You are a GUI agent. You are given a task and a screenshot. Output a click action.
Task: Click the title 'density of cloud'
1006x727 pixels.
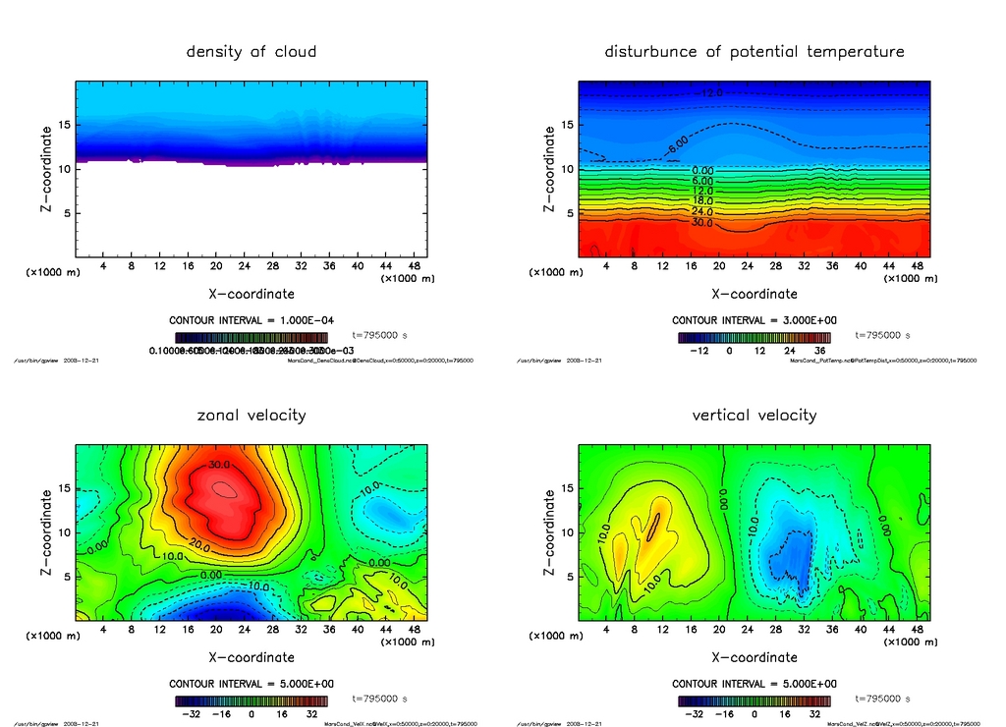pos(251,51)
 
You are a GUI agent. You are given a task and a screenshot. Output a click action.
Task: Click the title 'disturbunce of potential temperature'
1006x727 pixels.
pos(754,51)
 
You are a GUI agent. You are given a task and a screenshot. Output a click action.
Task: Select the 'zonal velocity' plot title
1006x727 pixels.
pos(251,415)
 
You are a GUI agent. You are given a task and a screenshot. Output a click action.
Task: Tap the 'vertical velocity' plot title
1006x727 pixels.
pos(754,415)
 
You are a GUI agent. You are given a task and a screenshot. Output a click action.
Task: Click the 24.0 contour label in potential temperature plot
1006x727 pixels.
pos(702,211)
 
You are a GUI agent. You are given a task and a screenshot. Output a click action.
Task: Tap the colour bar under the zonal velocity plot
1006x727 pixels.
pos(251,701)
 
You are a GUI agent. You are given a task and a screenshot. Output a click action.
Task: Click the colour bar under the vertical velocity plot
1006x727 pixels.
pos(754,701)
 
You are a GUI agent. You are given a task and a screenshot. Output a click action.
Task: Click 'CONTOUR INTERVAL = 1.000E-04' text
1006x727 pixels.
pos(251,320)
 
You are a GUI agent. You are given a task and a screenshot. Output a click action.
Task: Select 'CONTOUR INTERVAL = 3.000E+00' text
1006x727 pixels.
pos(754,320)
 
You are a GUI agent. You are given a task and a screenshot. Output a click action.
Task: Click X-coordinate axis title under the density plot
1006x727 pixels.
pos(251,293)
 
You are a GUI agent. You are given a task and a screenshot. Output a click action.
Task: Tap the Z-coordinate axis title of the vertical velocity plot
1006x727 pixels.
pos(550,532)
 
